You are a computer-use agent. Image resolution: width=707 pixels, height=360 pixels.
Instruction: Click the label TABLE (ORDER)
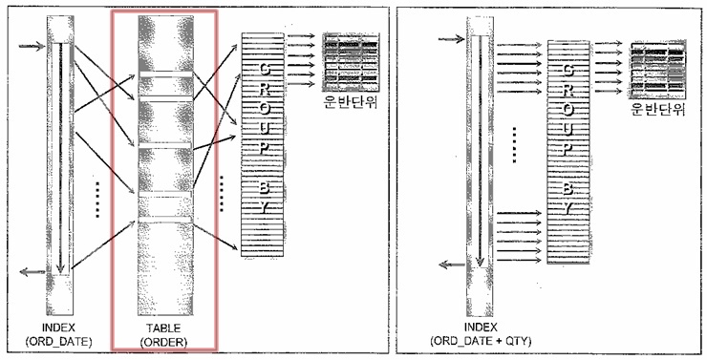163,335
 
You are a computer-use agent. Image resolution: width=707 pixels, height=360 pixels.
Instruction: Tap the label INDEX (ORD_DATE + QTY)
481,334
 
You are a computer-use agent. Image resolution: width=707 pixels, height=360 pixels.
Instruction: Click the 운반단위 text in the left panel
350,101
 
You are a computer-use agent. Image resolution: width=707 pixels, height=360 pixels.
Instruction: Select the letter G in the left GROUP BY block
266,70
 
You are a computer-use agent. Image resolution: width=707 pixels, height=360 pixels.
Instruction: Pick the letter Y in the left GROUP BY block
266,207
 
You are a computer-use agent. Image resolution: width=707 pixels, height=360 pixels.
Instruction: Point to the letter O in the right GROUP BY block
568,110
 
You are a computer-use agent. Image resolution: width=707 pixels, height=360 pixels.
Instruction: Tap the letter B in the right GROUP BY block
568,189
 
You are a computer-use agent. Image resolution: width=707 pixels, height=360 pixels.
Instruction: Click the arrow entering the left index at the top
32,46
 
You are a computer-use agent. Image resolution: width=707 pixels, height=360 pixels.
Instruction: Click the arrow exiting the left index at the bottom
32,272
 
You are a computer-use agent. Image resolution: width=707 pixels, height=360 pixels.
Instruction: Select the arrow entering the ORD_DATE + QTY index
451,40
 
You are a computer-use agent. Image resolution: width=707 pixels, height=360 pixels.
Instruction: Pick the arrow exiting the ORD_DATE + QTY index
452,265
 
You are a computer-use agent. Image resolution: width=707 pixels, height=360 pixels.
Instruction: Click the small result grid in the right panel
658,70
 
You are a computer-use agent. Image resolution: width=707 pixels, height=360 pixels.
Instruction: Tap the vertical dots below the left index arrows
97,200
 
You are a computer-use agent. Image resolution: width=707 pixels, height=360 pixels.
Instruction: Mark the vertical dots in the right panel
514,144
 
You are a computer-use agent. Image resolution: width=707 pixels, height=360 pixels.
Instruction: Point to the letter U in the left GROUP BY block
266,128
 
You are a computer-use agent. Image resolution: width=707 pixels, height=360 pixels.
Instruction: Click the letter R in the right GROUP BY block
568,90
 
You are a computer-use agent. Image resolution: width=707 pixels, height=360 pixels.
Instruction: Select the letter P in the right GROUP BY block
568,149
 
